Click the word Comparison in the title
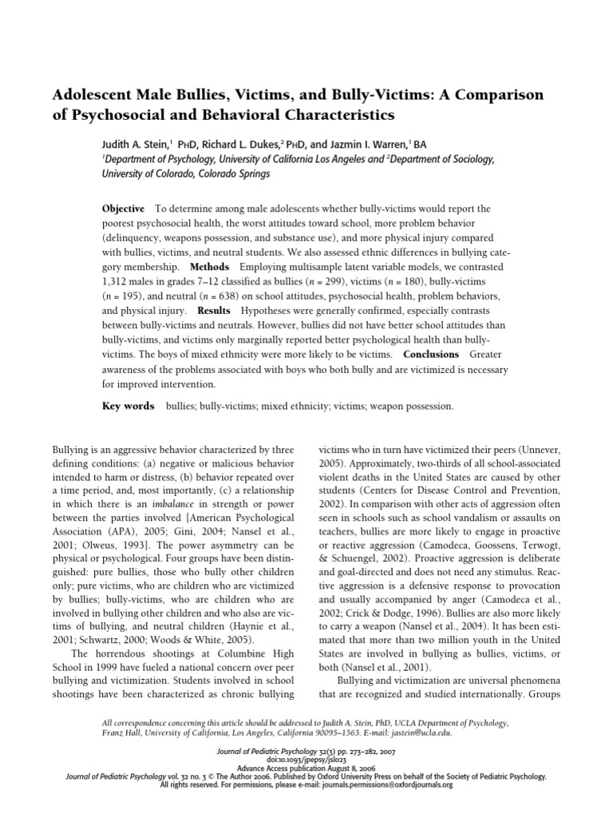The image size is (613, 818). [500, 95]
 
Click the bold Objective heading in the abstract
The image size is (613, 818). [124, 208]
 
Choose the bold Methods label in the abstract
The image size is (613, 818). [209, 266]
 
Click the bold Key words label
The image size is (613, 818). [129, 406]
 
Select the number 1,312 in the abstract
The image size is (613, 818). [118, 282]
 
